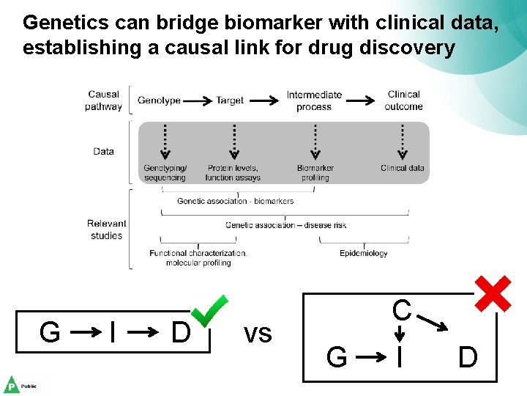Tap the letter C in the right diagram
(401, 310)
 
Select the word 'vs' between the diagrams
(258, 334)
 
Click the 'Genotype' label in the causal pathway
(159, 100)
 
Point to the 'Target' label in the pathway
(230, 100)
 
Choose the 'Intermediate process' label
(314, 100)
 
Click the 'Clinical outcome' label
(403, 100)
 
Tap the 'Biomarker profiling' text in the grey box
(315, 172)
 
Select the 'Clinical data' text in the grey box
(403, 168)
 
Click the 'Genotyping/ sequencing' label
(165, 172)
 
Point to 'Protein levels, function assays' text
(233, 172)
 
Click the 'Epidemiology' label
(364, 254)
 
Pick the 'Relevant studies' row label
(106, 230)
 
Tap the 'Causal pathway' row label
(103, 100)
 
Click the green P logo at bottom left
(12, 384)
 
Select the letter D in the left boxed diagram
(180, 333)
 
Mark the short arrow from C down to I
(400, 334)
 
